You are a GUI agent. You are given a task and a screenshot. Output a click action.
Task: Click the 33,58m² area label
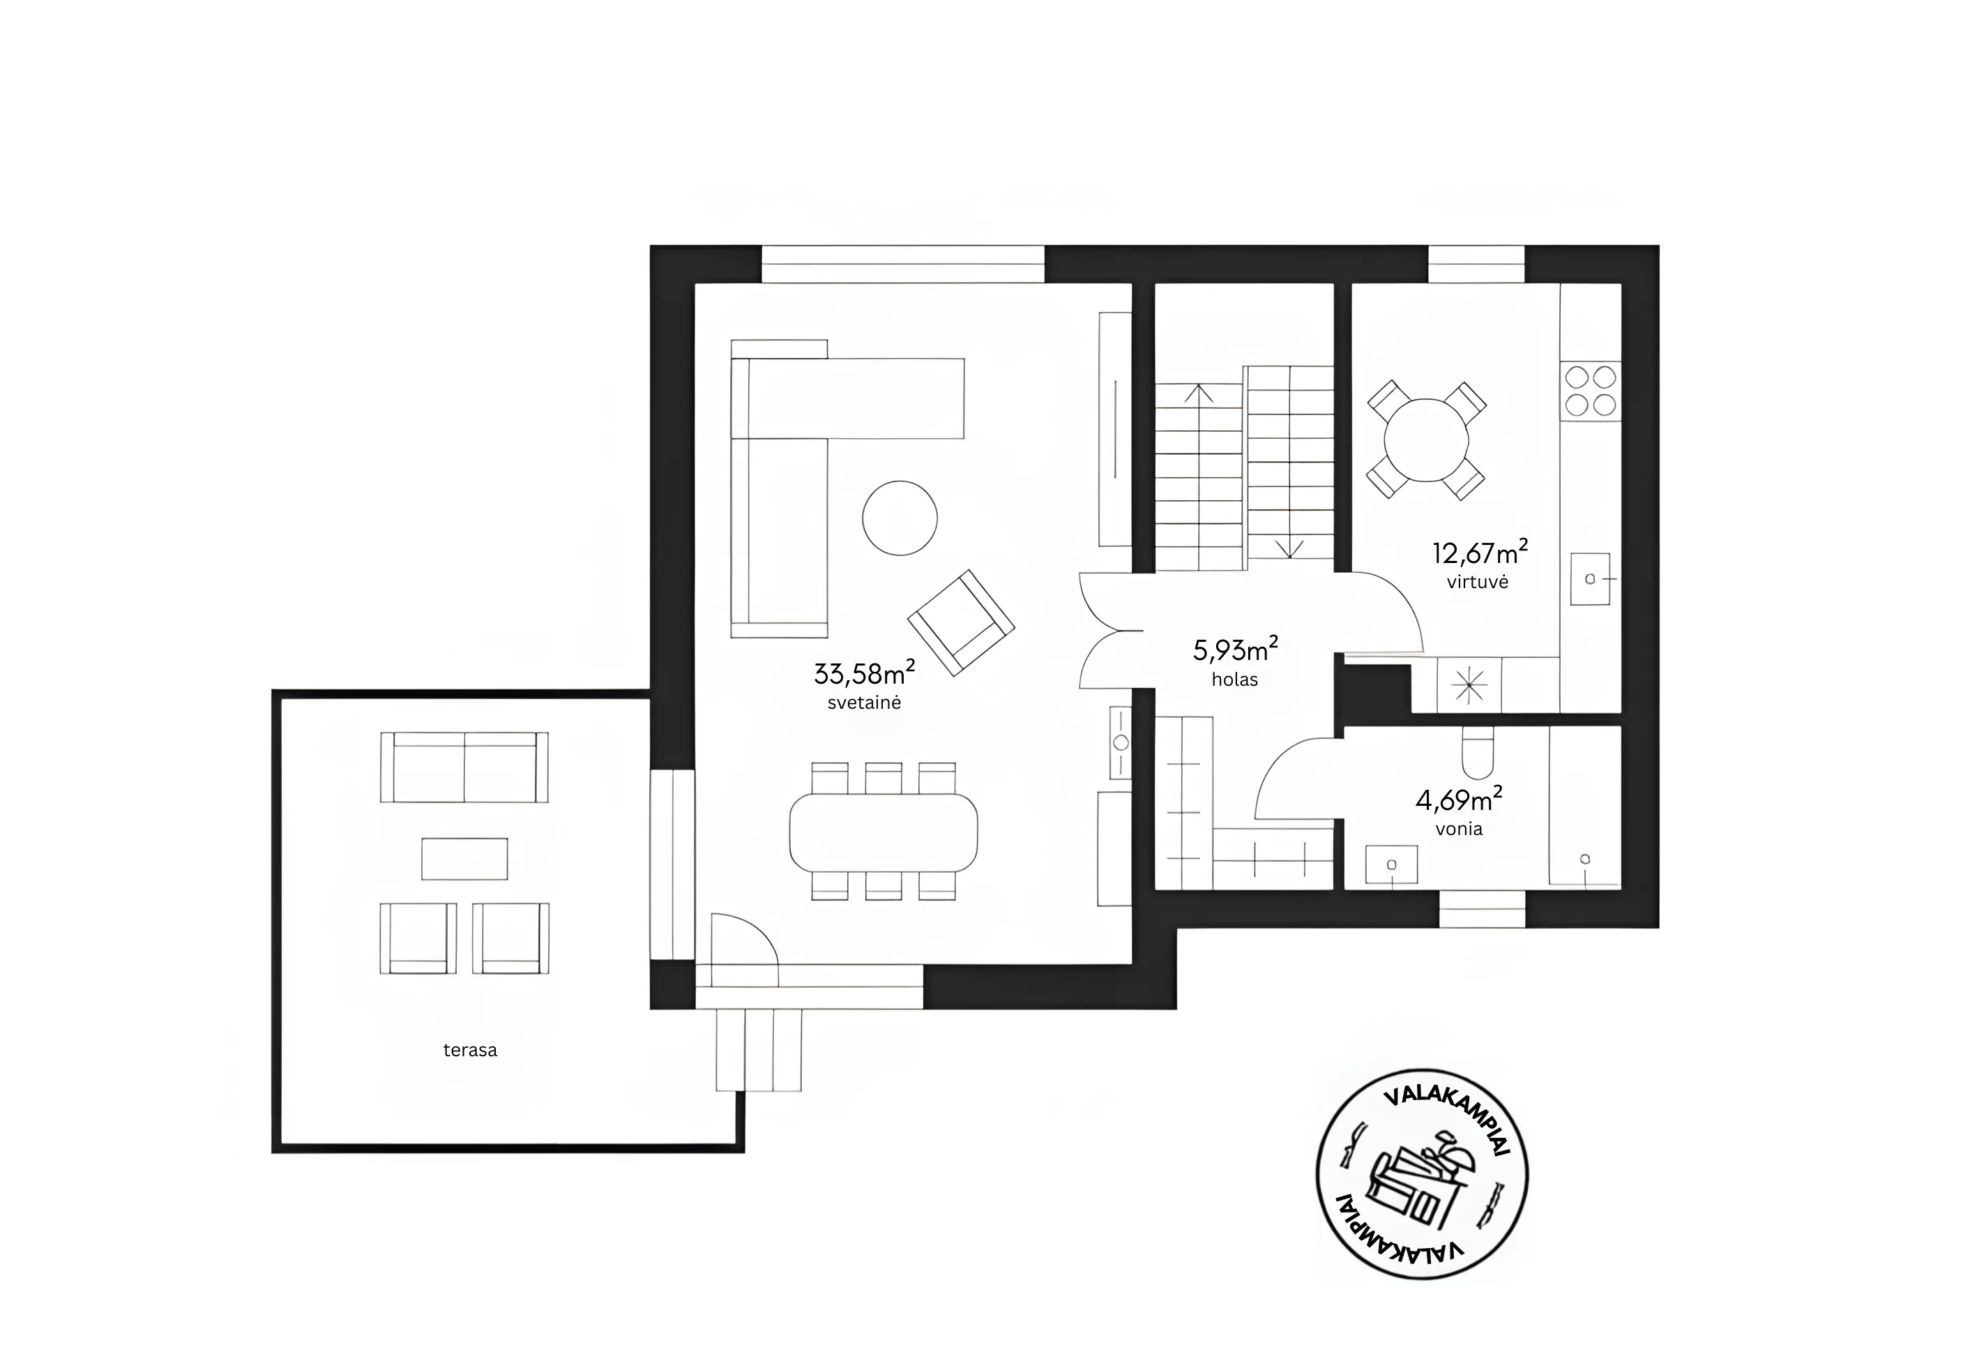point(864,673)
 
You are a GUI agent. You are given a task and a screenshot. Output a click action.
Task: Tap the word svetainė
point(864,703)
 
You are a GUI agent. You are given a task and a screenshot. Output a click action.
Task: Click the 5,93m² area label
point(1235,650)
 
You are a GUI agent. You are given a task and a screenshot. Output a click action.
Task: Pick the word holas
point(1235,679)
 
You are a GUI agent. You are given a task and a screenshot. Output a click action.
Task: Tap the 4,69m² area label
point(1459,799)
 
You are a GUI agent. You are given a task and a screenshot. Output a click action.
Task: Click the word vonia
point(1459,829)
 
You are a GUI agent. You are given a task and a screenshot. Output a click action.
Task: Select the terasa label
point(470,1051)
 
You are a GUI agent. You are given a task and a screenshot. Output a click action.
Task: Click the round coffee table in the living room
point(900,518)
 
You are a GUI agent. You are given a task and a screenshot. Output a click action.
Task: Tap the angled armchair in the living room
point(960,622)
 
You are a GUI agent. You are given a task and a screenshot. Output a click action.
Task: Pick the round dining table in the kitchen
point(1426,440)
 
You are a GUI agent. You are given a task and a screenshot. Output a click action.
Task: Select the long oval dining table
point(884,832)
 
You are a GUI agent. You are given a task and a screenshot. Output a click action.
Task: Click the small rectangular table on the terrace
point(464,858)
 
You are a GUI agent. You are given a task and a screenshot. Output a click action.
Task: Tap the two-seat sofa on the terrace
point(464,767)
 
